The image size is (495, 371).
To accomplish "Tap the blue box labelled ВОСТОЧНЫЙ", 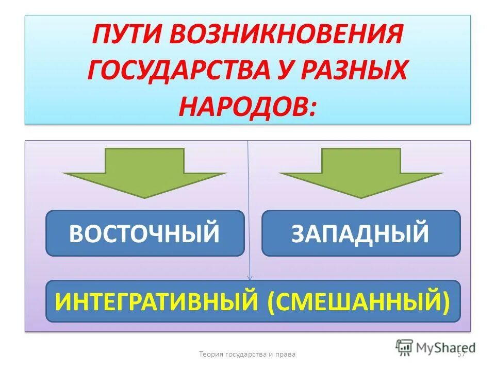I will pyautogui.click(x=145, y=233).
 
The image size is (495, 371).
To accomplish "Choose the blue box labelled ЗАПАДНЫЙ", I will pyautogui.click(x=361, y=233).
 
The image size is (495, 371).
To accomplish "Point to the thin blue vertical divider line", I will pyautogui.click(x=249, y=206).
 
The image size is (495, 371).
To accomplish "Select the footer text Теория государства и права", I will pyautogui.click(x=247, y=355).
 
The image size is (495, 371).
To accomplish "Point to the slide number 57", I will pyautogui.click(x=461, y=355).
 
